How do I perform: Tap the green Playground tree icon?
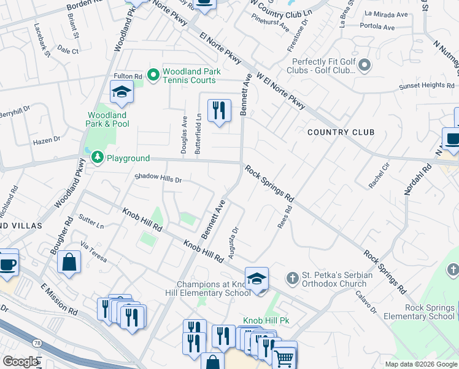pos(97,158)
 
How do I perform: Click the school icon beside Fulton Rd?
pos(121,92)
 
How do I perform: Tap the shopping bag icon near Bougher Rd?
pos(69,261)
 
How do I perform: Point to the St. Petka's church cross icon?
pos(292,279)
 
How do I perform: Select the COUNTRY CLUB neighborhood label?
pos(341,132)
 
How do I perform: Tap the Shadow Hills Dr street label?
pos(158,180)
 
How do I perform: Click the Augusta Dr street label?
pos(234,242)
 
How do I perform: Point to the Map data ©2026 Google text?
pos(420,364)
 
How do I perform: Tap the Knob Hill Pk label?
pos(266,321)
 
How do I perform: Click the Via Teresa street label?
pos(93,252)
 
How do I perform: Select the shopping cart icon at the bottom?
pos(283,358)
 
